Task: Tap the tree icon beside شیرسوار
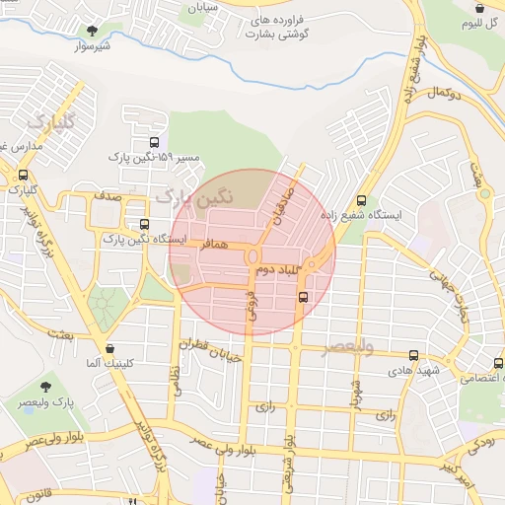point(94,31)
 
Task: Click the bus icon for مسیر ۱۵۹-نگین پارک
point(151,142)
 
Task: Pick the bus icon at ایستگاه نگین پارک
point(144,224)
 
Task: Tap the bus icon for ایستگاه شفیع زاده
point(362,199)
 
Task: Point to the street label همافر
point(218,244)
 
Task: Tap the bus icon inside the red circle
point(303,295)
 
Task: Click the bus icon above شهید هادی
point(412,355)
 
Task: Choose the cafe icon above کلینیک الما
point(108,347)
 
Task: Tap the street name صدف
point(108,197)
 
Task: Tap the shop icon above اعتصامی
point(499,362)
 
